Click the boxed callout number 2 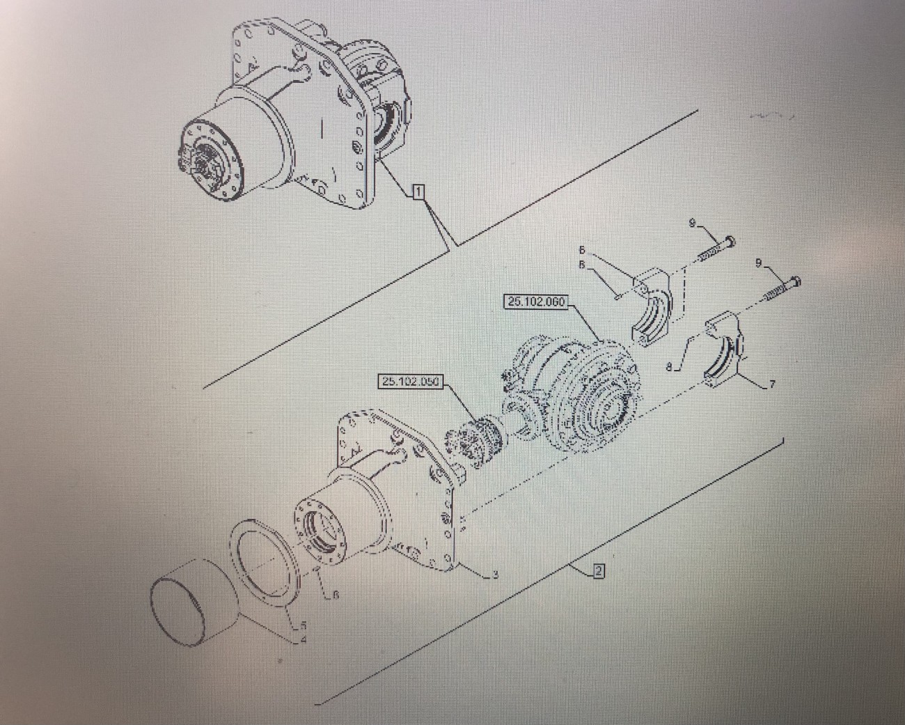(598, 572)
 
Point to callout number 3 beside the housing (494, 575)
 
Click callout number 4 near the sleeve (304, 639)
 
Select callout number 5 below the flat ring (303, 625)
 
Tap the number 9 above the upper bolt (693, 222)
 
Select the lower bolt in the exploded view (780, 288)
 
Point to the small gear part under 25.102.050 (477, 438)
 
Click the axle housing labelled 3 (390, 488)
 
